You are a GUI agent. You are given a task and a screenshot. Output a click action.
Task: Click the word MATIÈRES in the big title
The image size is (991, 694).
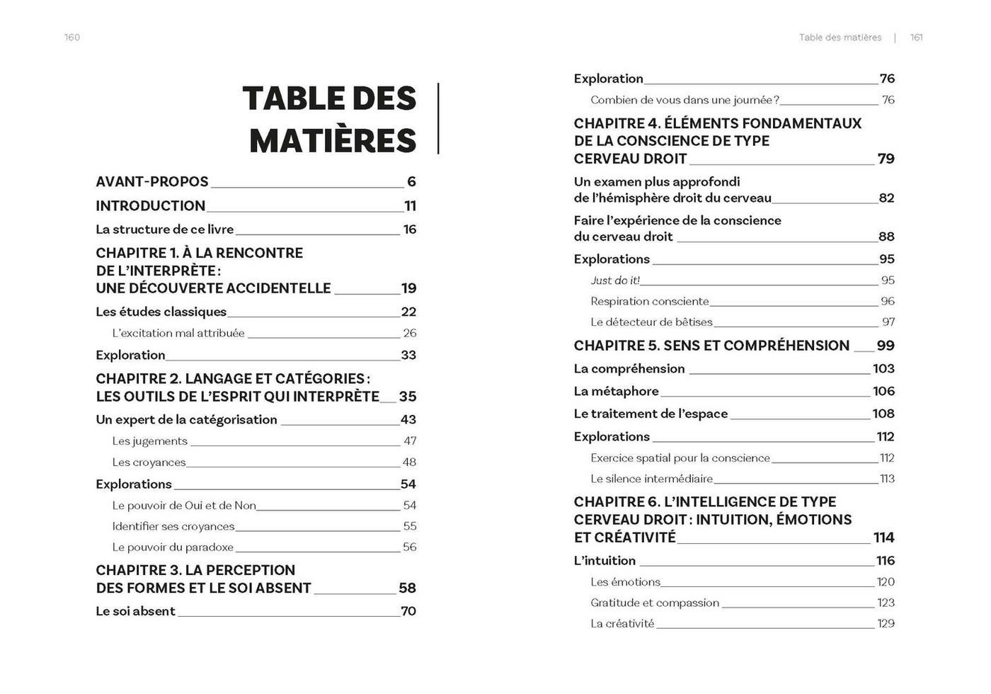(333, 140)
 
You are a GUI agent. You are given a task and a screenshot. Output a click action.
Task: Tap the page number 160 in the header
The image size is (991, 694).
(72, 38)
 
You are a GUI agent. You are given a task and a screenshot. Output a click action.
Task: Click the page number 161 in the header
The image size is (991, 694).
(917, 38)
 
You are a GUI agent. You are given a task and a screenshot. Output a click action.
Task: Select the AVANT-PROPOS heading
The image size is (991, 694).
(152, 182)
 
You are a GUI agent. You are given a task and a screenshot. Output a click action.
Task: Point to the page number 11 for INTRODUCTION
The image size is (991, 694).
(410, 206)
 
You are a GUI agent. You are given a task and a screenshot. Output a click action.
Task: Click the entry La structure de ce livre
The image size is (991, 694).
(165, 229)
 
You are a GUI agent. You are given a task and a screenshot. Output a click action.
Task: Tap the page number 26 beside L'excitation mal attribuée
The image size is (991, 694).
(409, 333)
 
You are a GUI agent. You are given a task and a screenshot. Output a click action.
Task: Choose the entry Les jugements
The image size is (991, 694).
(150, 441)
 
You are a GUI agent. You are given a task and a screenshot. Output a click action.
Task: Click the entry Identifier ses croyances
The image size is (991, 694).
(173, 526)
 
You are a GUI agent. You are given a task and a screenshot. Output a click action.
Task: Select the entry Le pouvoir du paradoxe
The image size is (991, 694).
(173, 547)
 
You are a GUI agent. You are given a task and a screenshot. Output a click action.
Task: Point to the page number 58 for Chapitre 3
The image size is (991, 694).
(407, 588)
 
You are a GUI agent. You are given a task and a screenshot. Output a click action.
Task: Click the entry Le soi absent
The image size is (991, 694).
(135, 611)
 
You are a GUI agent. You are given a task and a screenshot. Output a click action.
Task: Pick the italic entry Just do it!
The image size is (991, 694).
(615, 280)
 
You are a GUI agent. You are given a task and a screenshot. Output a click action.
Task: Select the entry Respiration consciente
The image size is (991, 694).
(650, 302)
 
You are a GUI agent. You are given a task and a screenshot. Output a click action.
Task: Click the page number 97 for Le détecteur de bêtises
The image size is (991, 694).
(888, 322)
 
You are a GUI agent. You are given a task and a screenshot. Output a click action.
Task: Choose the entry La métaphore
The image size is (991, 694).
(616, 392)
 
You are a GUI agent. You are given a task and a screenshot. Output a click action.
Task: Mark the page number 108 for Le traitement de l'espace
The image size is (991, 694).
(883, 414)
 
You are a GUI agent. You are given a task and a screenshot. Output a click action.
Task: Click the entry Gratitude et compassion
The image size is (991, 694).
(655, 603)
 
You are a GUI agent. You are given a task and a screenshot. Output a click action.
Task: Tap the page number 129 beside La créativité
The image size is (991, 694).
(886, 624)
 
